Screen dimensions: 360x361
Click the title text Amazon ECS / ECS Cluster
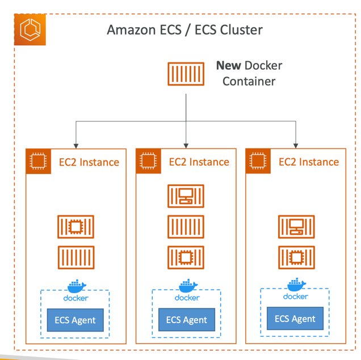pos(184,29)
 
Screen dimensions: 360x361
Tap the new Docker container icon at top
pos(186,74)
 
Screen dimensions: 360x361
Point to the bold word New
pos(229,65)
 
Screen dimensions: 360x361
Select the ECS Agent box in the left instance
pos(75,320)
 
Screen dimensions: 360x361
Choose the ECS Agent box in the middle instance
pos(187,320)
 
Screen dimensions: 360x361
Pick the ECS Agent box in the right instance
pos(295,319)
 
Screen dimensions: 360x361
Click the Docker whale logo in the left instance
pos(75,286)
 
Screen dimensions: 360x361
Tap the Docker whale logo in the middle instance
pos(187,286)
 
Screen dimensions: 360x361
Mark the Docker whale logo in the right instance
pos(295,285)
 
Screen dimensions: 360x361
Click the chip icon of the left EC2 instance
pos(39,162)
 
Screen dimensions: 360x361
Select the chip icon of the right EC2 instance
pos(258,162)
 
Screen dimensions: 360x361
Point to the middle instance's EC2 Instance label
pos(199,162)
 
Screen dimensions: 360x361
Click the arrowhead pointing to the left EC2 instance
pos(76,144)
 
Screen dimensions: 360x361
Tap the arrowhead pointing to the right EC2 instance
pos(296,144)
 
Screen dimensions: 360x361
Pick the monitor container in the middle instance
pos(186,197)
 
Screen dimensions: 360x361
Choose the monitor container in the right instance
pos(296,227)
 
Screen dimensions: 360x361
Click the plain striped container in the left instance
pos(75,257)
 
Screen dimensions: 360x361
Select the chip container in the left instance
pos(75,227)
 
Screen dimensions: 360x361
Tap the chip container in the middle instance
pos(186,257)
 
